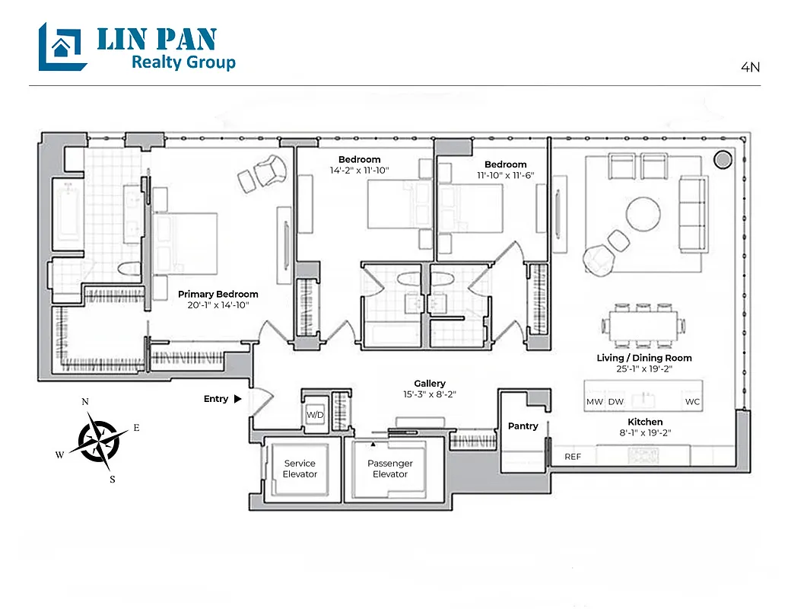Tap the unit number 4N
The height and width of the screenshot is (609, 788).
point(750,67)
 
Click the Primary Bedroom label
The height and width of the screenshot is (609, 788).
point(218,294)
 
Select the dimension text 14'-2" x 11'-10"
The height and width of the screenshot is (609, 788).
point(359,171)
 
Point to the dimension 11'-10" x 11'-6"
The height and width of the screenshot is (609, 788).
point(505,175)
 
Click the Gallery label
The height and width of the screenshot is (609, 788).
point(430,384)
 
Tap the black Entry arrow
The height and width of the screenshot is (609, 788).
point(238,399)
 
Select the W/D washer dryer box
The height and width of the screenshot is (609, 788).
point(314,415)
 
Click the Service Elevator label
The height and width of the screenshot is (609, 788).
point(300,468)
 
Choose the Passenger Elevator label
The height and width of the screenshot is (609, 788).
point(390,468)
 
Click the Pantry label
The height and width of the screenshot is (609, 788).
point(523,426)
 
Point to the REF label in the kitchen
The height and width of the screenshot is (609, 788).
point(573,457)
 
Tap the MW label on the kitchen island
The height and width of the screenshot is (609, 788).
point(594,401)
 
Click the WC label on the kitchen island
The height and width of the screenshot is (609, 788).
point(692,401)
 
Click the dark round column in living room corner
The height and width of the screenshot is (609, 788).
point(722,160)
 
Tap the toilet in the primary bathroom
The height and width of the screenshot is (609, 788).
point(128,267)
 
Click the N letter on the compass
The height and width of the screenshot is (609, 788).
point(85,402)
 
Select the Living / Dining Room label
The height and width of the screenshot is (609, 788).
point(644,358)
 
